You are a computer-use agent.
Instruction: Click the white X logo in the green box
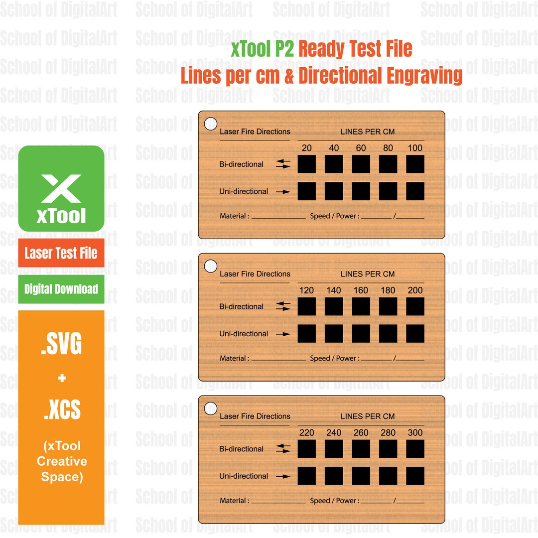pos(61,188)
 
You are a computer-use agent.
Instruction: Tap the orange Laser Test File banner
pos(61,253)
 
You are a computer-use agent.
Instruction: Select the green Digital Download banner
pos(61,289)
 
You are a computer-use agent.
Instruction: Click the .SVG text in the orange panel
pos(61,345)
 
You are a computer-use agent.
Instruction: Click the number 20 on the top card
pos(307,148)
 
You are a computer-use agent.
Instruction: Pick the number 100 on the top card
pos(414,148)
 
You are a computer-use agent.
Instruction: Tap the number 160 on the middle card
pos(361,290)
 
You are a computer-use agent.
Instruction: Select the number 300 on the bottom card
pos(414,433)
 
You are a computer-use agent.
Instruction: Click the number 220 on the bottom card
pos(307,433)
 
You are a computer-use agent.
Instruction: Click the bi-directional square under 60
pos(361,164)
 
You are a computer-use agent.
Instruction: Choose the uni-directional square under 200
pos(415,334)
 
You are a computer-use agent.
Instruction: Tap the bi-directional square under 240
pos(334,449)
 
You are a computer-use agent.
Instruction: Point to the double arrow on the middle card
pos(283,306)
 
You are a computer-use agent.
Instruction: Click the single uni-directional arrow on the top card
pos(283,192)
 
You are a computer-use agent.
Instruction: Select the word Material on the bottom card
pos(233,501)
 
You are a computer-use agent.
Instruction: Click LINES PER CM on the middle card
pos(368,274)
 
